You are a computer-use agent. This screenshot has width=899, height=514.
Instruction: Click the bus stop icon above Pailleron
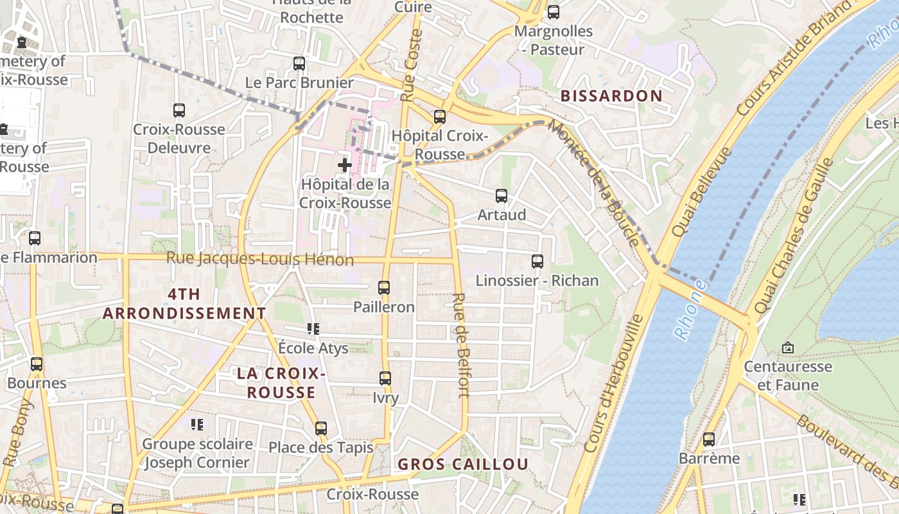384,288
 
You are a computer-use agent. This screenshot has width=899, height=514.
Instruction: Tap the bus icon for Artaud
502,196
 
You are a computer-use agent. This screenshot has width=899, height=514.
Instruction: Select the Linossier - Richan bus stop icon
537,261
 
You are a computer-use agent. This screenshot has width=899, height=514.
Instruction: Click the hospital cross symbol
345,165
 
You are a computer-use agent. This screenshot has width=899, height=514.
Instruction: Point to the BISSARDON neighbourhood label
611,96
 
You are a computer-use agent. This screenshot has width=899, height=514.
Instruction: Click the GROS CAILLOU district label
463,464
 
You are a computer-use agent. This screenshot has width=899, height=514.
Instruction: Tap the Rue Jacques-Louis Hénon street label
260,259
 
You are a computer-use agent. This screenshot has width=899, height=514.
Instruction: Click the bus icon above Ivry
385,378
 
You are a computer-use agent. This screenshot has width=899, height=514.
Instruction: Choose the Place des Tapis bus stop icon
321,428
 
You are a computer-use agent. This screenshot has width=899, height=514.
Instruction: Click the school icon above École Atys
313,329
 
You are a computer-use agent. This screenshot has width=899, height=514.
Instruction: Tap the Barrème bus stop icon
709,439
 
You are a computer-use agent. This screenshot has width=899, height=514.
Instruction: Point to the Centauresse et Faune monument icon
788,348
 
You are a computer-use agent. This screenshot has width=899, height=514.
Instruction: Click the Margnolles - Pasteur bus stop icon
554,12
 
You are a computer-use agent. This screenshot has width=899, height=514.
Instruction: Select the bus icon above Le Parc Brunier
299,64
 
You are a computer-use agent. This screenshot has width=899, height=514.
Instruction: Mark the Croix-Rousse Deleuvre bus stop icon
179,111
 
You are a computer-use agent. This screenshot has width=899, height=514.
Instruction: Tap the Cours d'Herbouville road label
614,383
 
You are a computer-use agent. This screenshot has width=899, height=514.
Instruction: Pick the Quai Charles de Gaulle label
794,236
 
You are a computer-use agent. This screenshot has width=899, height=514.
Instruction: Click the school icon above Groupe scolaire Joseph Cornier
197,424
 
